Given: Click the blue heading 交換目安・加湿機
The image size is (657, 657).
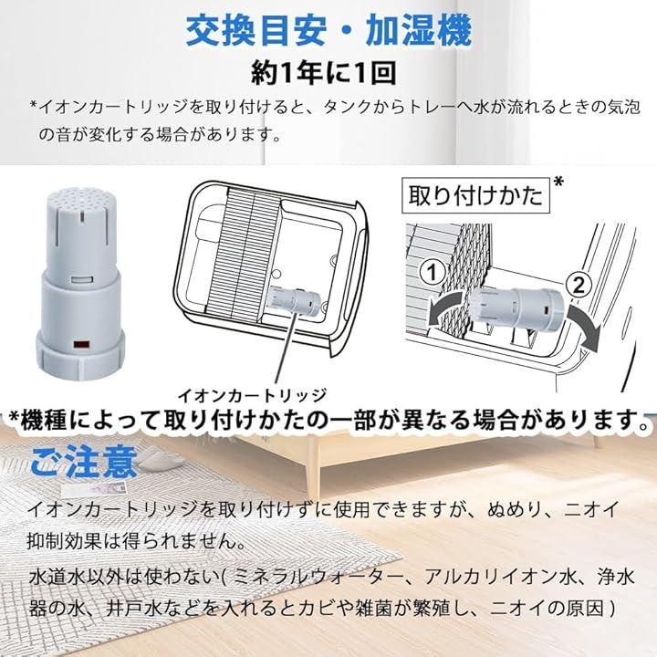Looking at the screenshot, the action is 328,32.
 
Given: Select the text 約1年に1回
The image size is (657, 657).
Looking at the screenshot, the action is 323,74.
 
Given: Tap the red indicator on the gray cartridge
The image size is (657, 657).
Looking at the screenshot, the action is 82,345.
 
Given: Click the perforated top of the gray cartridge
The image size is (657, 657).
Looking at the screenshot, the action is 79,197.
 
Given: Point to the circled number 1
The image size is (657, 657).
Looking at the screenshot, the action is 432,273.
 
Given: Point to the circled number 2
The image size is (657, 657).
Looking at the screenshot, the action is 579,286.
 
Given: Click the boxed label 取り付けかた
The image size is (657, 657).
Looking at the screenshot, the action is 475,195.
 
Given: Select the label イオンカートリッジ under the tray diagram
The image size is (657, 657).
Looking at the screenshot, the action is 253,395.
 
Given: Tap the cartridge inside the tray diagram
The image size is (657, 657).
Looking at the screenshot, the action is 295,299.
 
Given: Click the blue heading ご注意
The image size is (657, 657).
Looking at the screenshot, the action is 84,462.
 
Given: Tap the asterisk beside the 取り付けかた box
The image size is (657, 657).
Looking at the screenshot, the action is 558,182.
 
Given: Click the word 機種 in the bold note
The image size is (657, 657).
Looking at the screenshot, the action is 44,420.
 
